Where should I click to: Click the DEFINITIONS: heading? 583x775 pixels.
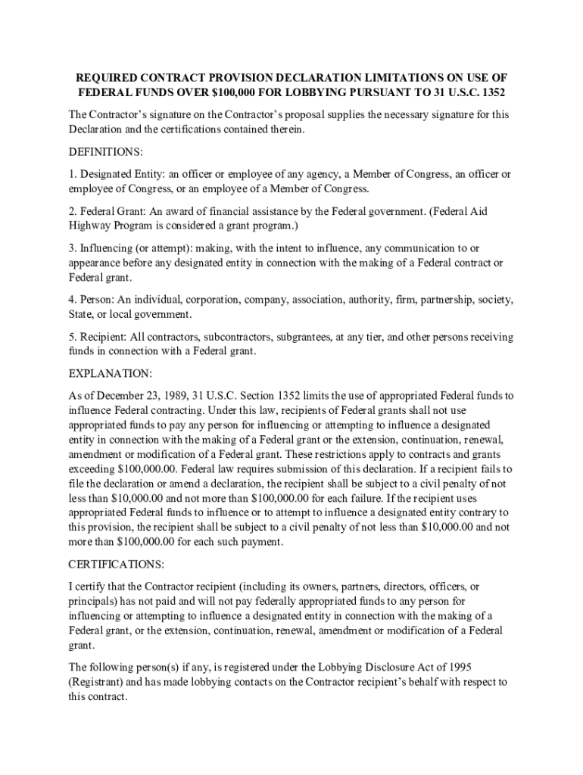[105, 152]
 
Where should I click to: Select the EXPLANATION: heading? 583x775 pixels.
[110, 374]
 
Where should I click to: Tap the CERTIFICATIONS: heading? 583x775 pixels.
[116, 565]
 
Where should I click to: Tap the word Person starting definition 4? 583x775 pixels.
[96, 300]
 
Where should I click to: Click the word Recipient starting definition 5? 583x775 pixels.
[103, 337]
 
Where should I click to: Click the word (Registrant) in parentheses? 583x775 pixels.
[95, 682]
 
